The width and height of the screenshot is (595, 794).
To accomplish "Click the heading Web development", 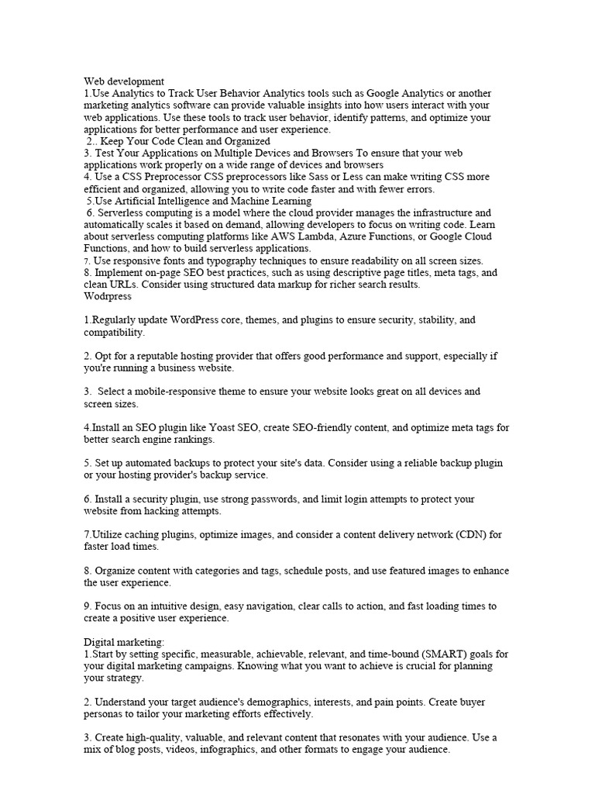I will pos(123,81).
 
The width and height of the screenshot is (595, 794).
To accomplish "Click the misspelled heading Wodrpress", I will pos(108,296).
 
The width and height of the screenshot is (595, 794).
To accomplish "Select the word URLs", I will pos(126,285).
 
